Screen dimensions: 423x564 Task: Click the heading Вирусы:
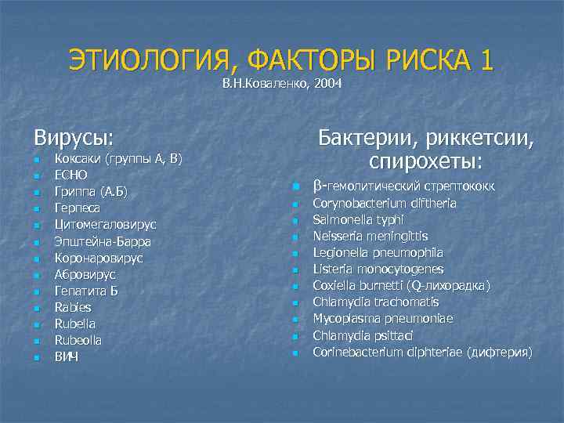tap(74, 138)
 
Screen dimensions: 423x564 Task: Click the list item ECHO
tap(70, 175)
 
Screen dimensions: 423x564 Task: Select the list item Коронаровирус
tap(98, 258)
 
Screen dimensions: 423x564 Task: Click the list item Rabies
tap(73, 307)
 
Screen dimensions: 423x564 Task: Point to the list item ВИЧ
tap(67, 356)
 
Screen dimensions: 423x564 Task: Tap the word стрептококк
tap(471, 188)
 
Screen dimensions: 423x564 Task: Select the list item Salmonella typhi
tap(358, 219)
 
